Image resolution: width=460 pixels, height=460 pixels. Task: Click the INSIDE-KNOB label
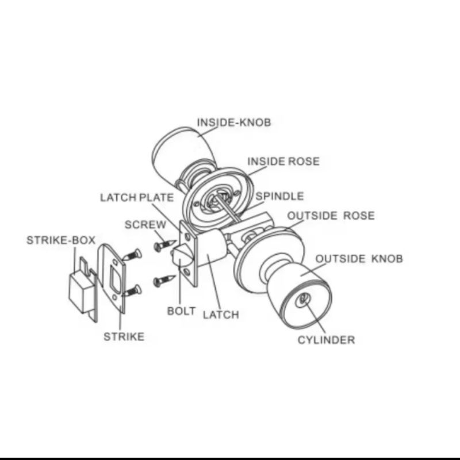coord(233,122)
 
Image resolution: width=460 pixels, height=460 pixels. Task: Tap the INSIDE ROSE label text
coord(283,162)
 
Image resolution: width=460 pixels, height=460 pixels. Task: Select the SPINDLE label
coord(279,197)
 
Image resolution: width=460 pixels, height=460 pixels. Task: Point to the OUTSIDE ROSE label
coord(331,216)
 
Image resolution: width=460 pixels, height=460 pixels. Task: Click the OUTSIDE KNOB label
coord(359,259)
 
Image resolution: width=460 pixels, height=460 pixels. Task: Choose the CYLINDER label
coord(326,339)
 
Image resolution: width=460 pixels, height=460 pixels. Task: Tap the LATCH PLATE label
coord(136,198)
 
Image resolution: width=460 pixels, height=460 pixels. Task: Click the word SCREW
coord(145,225)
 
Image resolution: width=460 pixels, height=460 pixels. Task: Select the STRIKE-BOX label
coord(61,240)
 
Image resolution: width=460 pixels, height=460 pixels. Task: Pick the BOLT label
coord(181,311)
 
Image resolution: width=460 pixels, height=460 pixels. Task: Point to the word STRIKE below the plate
coord(124,337)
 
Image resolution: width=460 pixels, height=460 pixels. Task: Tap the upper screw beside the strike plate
coord(132,253)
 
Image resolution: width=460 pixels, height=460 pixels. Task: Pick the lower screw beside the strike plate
coord(132,290)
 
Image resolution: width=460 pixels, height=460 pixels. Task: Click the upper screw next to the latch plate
coord(163,246)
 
